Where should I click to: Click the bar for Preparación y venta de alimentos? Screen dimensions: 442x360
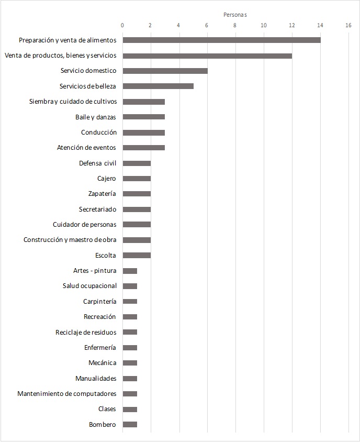coord(221,40)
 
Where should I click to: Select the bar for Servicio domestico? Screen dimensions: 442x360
coord(165,71)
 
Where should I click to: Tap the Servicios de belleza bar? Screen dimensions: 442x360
coord(158,86)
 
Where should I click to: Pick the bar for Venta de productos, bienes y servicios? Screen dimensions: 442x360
coord(207,56)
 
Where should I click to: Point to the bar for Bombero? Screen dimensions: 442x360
coord(130,424)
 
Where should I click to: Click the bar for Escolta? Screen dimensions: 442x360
coord(137,255)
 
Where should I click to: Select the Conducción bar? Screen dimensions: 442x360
coord(143,132)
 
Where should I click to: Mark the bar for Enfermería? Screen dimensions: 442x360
coord(130,347)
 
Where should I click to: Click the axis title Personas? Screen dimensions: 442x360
coord(235,15)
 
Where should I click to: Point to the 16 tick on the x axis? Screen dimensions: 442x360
coord(348,25)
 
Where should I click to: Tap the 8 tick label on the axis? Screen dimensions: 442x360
coord(235,25)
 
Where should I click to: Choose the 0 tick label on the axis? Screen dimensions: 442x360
coord(122,25)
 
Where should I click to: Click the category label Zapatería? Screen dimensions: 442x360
coord(102,194)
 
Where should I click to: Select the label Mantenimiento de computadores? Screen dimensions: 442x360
coord(66,394)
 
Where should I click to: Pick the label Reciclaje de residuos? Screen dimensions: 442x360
coord(86,332)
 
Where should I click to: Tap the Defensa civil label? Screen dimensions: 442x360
coord(97,163)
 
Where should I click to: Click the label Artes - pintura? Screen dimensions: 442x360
coord(95,271)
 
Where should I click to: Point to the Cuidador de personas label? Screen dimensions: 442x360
coord(84,225)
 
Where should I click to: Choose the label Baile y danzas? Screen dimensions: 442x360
coord(96,117)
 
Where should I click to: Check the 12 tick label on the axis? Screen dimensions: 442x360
coord(291,25)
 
